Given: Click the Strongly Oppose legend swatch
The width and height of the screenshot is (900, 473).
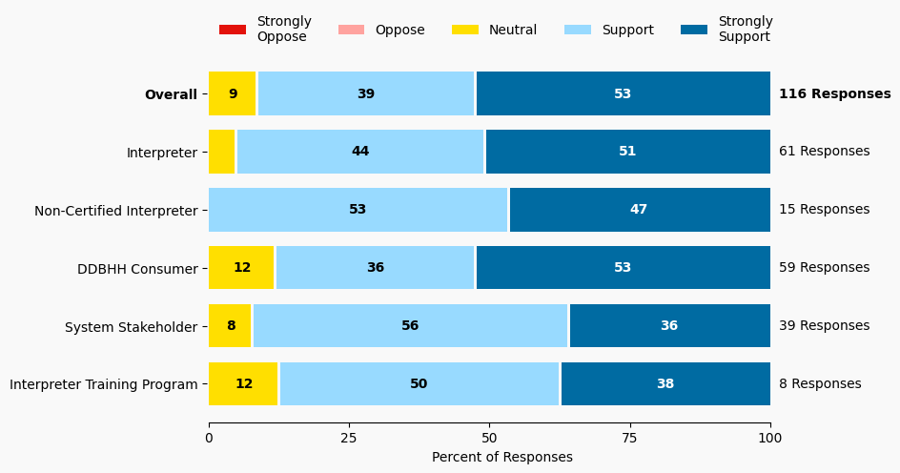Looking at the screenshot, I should pos(233,30).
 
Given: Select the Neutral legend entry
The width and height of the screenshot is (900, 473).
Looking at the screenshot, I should pos(494,30).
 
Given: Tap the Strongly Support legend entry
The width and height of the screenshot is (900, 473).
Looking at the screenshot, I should pos(726,30).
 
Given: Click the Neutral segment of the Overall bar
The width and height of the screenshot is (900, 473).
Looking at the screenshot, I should pos(233,93).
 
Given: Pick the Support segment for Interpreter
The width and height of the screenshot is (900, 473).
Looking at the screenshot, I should pos(360,152).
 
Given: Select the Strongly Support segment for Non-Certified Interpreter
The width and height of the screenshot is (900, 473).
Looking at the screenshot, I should pos(639,210).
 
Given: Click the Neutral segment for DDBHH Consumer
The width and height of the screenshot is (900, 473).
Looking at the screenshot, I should pos(241,268).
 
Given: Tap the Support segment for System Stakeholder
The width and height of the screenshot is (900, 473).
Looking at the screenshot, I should pos(410,326).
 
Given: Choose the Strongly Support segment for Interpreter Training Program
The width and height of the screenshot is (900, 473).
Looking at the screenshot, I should pos(665,384).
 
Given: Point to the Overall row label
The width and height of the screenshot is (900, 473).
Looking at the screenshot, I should pos(171,94).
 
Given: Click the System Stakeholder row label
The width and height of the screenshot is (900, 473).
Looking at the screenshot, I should pos(131,327).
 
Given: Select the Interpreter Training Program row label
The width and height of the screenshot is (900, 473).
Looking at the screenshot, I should pos(103,385).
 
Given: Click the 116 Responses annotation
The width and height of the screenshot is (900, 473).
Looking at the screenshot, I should pos(834,93).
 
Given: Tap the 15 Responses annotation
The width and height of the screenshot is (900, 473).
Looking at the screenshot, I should pos(824,210).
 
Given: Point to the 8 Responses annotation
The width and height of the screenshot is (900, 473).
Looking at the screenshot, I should pos(820,384).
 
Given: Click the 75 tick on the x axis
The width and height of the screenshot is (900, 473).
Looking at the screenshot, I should pos(630,438).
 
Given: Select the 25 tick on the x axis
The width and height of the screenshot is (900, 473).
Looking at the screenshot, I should pos(349,438).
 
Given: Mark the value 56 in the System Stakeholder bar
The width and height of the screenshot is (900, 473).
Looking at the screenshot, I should pos(410,326).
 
